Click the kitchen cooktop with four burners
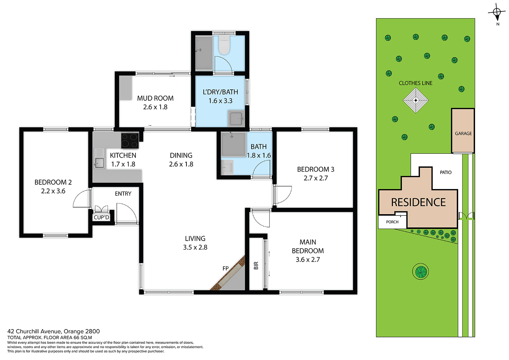click(x=130, y=141)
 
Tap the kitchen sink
click(x=99, y=163)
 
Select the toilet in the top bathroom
click(x=224, y=45)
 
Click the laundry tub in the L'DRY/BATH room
click(x=236, y=118)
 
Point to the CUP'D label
click(x=101, y=217)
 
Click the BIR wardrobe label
click(x=256, y=265)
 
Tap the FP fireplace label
click(x=226, y=268)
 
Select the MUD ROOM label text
click(x=155, y=98)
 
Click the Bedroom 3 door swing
click(x=282, y=195)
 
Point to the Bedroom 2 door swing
click(x=82, y=199)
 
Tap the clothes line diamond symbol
click(x=415, y=100)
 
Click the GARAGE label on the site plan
click(x=463, y=133)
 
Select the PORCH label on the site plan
click(x=392, y=222)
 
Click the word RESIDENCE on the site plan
click(x=418, y=202)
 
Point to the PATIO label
click(x=446, y=173)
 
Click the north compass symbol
click(x=497, y=12)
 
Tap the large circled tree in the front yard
click(x=420, y=272)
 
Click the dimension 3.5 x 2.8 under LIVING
click(x=195, y=247)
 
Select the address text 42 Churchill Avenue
click(x=34, y=331)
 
